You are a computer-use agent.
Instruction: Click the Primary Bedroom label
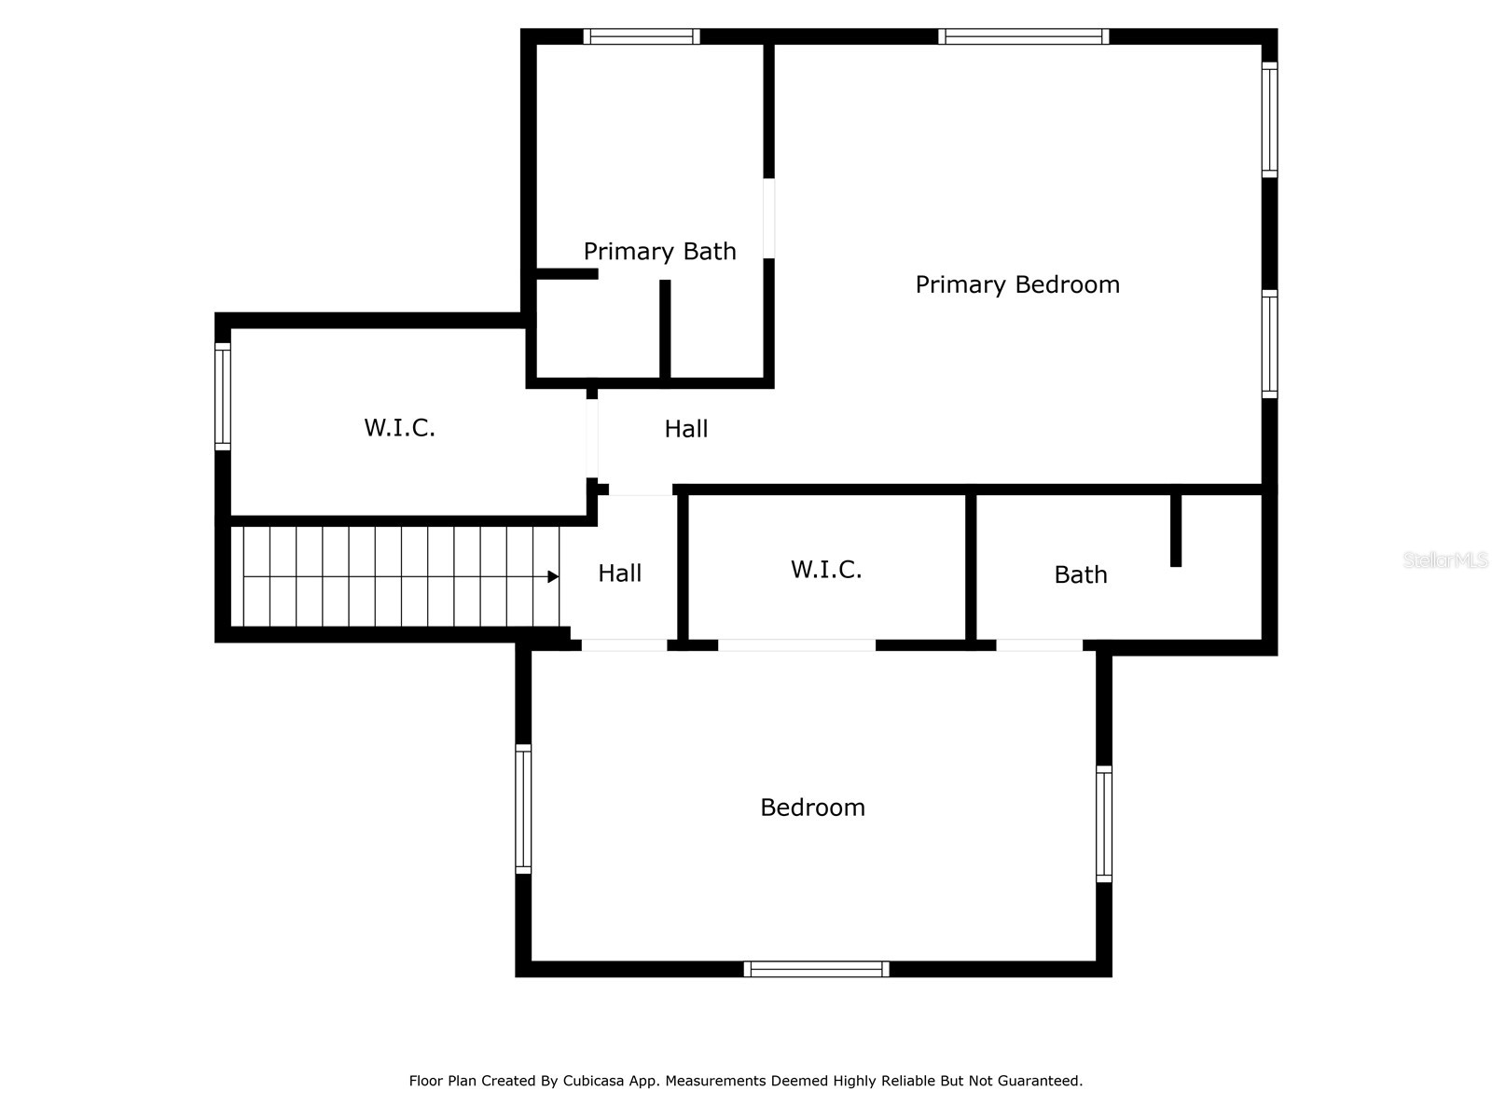(x=1016, y=284)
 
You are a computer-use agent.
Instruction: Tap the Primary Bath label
(x=659, y=251)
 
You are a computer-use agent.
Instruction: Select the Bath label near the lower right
(x=1080, y=574)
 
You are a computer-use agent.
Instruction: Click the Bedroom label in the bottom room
(x=812, y=807)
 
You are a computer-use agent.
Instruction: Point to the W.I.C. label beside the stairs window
(x=399, y=427)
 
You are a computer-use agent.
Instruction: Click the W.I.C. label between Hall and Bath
(x=825, y=569)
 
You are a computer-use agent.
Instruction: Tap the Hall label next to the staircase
(x=619, y=573)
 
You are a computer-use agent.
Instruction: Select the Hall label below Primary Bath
(x=685, y=428)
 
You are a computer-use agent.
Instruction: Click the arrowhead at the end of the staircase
(x=553, y=577)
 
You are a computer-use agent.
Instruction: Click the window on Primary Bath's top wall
(x=642, y=36)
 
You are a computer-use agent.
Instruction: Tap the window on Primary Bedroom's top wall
(x=1023, y=36)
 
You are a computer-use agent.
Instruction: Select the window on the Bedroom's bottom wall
(x=816, y=969)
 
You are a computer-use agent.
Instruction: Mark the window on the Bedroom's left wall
(x=523, y=808)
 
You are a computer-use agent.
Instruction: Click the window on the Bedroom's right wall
(x=1103, y=823)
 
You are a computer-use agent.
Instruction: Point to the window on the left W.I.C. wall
(x=223, y=396)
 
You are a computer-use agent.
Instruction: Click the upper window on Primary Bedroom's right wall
(x=1269, y=119)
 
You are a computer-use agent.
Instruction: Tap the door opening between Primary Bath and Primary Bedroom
(x=768, y=218)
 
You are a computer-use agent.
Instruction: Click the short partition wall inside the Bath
(x=1175, y=530)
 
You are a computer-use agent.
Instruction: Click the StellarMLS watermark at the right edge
(x=1445, y=559)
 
